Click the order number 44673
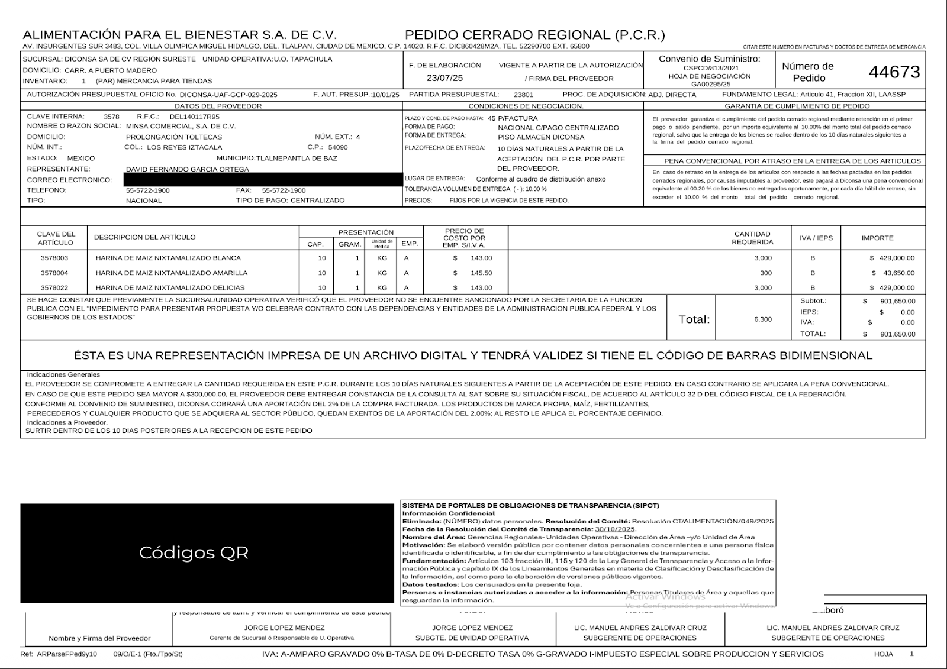click(x=894, y=72)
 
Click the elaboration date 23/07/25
click(x=444, y=78)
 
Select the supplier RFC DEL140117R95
click(x=194, y=117)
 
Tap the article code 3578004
click(x=54, y=273)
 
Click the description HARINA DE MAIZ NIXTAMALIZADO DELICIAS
click(x=170, y=288)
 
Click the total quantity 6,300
click(x=763, y=319)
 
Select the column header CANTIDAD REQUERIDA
click(x=752, y=238)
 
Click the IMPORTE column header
click(x=877, y=238)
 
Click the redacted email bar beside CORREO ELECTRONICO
click(x=263, y=180)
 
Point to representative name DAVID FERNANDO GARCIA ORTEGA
click(x=188, y=169)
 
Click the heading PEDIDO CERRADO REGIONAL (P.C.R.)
click(x=534, y=35)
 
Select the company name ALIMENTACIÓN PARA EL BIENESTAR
click(x=179, y=35)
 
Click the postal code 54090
click(x=338, y=147)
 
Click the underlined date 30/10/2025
click(x=614, y=529)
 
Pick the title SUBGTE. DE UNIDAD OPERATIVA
click(x=472, y=638)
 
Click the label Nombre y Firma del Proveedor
click(x=99, y=638)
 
